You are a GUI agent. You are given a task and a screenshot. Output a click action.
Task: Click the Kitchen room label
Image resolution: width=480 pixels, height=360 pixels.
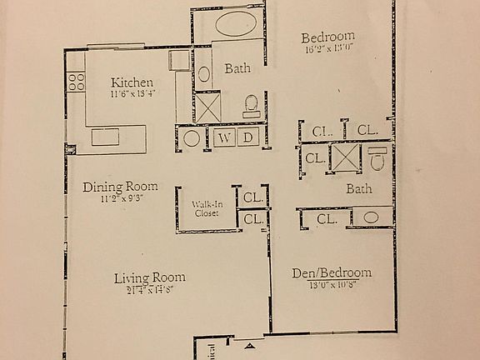[132, 82]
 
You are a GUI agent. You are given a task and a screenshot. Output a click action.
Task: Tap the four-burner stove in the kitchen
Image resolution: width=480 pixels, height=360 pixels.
[76, 81]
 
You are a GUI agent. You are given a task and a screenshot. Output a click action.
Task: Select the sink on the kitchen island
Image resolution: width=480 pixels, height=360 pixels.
[105, 137]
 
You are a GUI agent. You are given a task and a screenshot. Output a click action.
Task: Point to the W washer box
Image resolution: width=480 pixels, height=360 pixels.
[225, 138]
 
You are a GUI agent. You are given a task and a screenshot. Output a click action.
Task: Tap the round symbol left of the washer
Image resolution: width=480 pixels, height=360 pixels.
[192, 138]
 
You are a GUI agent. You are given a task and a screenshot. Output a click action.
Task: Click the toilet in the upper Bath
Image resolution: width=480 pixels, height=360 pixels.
[251, 105]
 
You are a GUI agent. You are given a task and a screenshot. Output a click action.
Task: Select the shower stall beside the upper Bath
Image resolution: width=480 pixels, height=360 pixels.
[205, 107]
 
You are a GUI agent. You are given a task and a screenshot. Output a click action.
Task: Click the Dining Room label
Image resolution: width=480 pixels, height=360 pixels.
[120, 187]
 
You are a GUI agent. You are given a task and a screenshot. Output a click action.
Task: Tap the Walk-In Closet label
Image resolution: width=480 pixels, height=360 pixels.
[205, 208]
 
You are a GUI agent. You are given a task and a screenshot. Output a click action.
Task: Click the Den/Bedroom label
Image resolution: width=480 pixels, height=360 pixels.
[331, 273]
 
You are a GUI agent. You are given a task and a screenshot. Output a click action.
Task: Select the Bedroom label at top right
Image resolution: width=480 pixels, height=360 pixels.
[327, 37]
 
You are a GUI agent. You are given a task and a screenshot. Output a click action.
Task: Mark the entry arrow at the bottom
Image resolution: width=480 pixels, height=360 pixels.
[249, 342]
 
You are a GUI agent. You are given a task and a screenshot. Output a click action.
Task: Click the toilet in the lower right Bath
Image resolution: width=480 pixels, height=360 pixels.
[377, 158]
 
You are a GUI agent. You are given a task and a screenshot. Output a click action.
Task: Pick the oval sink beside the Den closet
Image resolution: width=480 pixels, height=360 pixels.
[371, 218]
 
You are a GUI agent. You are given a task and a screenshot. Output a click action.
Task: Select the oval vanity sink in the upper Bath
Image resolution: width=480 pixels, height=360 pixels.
[203, 74]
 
